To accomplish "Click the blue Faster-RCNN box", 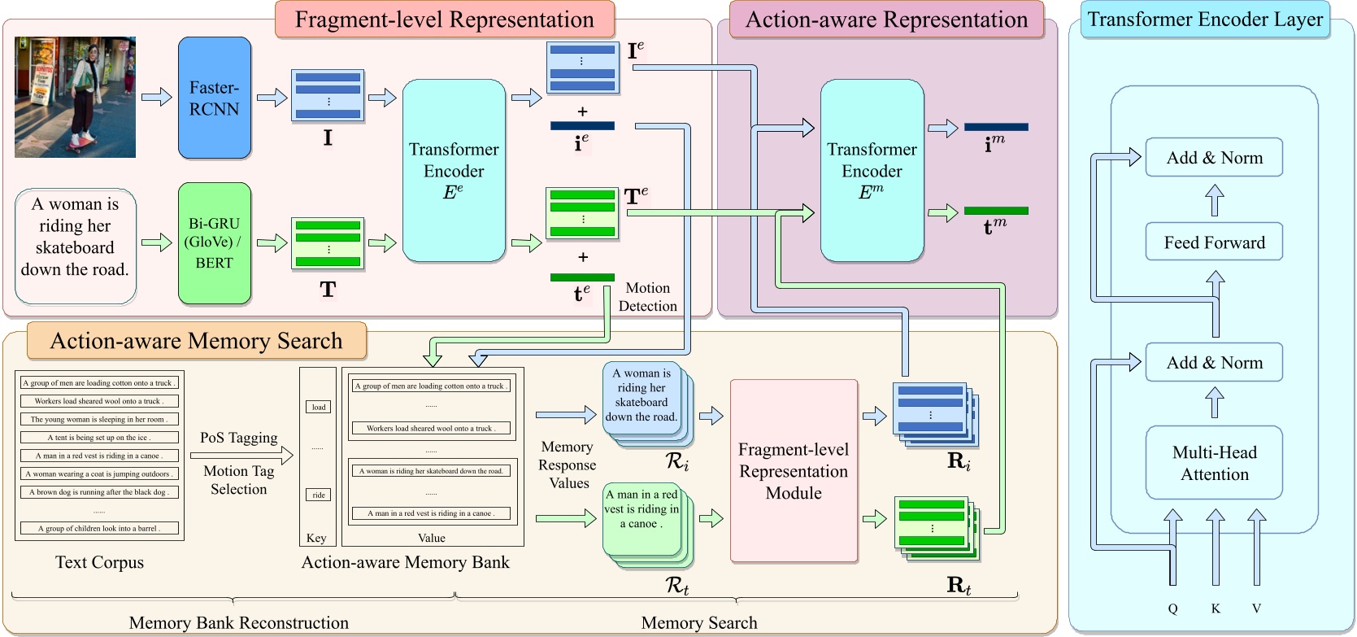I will pyautogui.click(x=215, y=98).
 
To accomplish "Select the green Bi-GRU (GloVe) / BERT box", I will pyautogui.click(x=215, y=242).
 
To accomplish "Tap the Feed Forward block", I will pyautogui.click(x=1214, y=242).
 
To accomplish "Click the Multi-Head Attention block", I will pyautogui.click(x=1214, y=463).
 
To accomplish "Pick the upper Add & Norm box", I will pyautogui.click(x=1214, y=158).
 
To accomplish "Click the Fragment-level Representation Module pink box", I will pyautogui.click(x=794, y=471).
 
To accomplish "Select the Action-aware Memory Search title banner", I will pyautogui.click(x=197, y=341).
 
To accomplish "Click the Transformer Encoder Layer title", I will pyautogui.click(x=1205, y=20).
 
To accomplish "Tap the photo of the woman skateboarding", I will pyautogui.click(x=75, y=97).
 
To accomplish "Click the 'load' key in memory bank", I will pyautogui.click(x=319, y=407).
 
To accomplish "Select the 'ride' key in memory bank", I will pyautogui.click(x=319, y=495).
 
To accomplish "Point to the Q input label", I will pyautogui.click(x=1172, y=609).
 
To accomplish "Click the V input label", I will pyautogui.click(x=1256, y=609).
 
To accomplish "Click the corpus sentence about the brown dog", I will pyautogui.click(x=98, y=492).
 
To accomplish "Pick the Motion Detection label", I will pyautogui.click(x=647, y=297).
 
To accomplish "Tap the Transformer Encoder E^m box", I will pyautogui.click(x=872, y=171).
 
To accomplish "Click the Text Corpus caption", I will pyautogui.click(x=99, y=562).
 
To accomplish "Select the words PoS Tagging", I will pyautogui.click(x=238, y=438).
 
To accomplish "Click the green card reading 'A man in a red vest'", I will pyautogui.click(x=642, y=508).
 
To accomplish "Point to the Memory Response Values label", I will pyautogui.click(x=568, y=465).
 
